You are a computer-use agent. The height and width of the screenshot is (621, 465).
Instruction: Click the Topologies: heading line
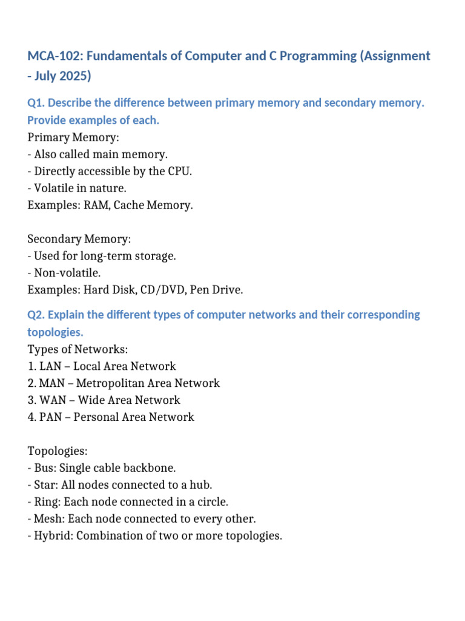click(58, 451)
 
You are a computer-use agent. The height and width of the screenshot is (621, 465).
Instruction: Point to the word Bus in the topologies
click(44, 468)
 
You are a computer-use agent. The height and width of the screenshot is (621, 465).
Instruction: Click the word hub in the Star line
click(200, 485)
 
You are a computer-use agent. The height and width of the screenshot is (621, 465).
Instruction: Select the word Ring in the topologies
click(46, 502)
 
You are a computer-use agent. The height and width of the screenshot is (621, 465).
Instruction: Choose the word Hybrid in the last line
click(51, 536)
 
